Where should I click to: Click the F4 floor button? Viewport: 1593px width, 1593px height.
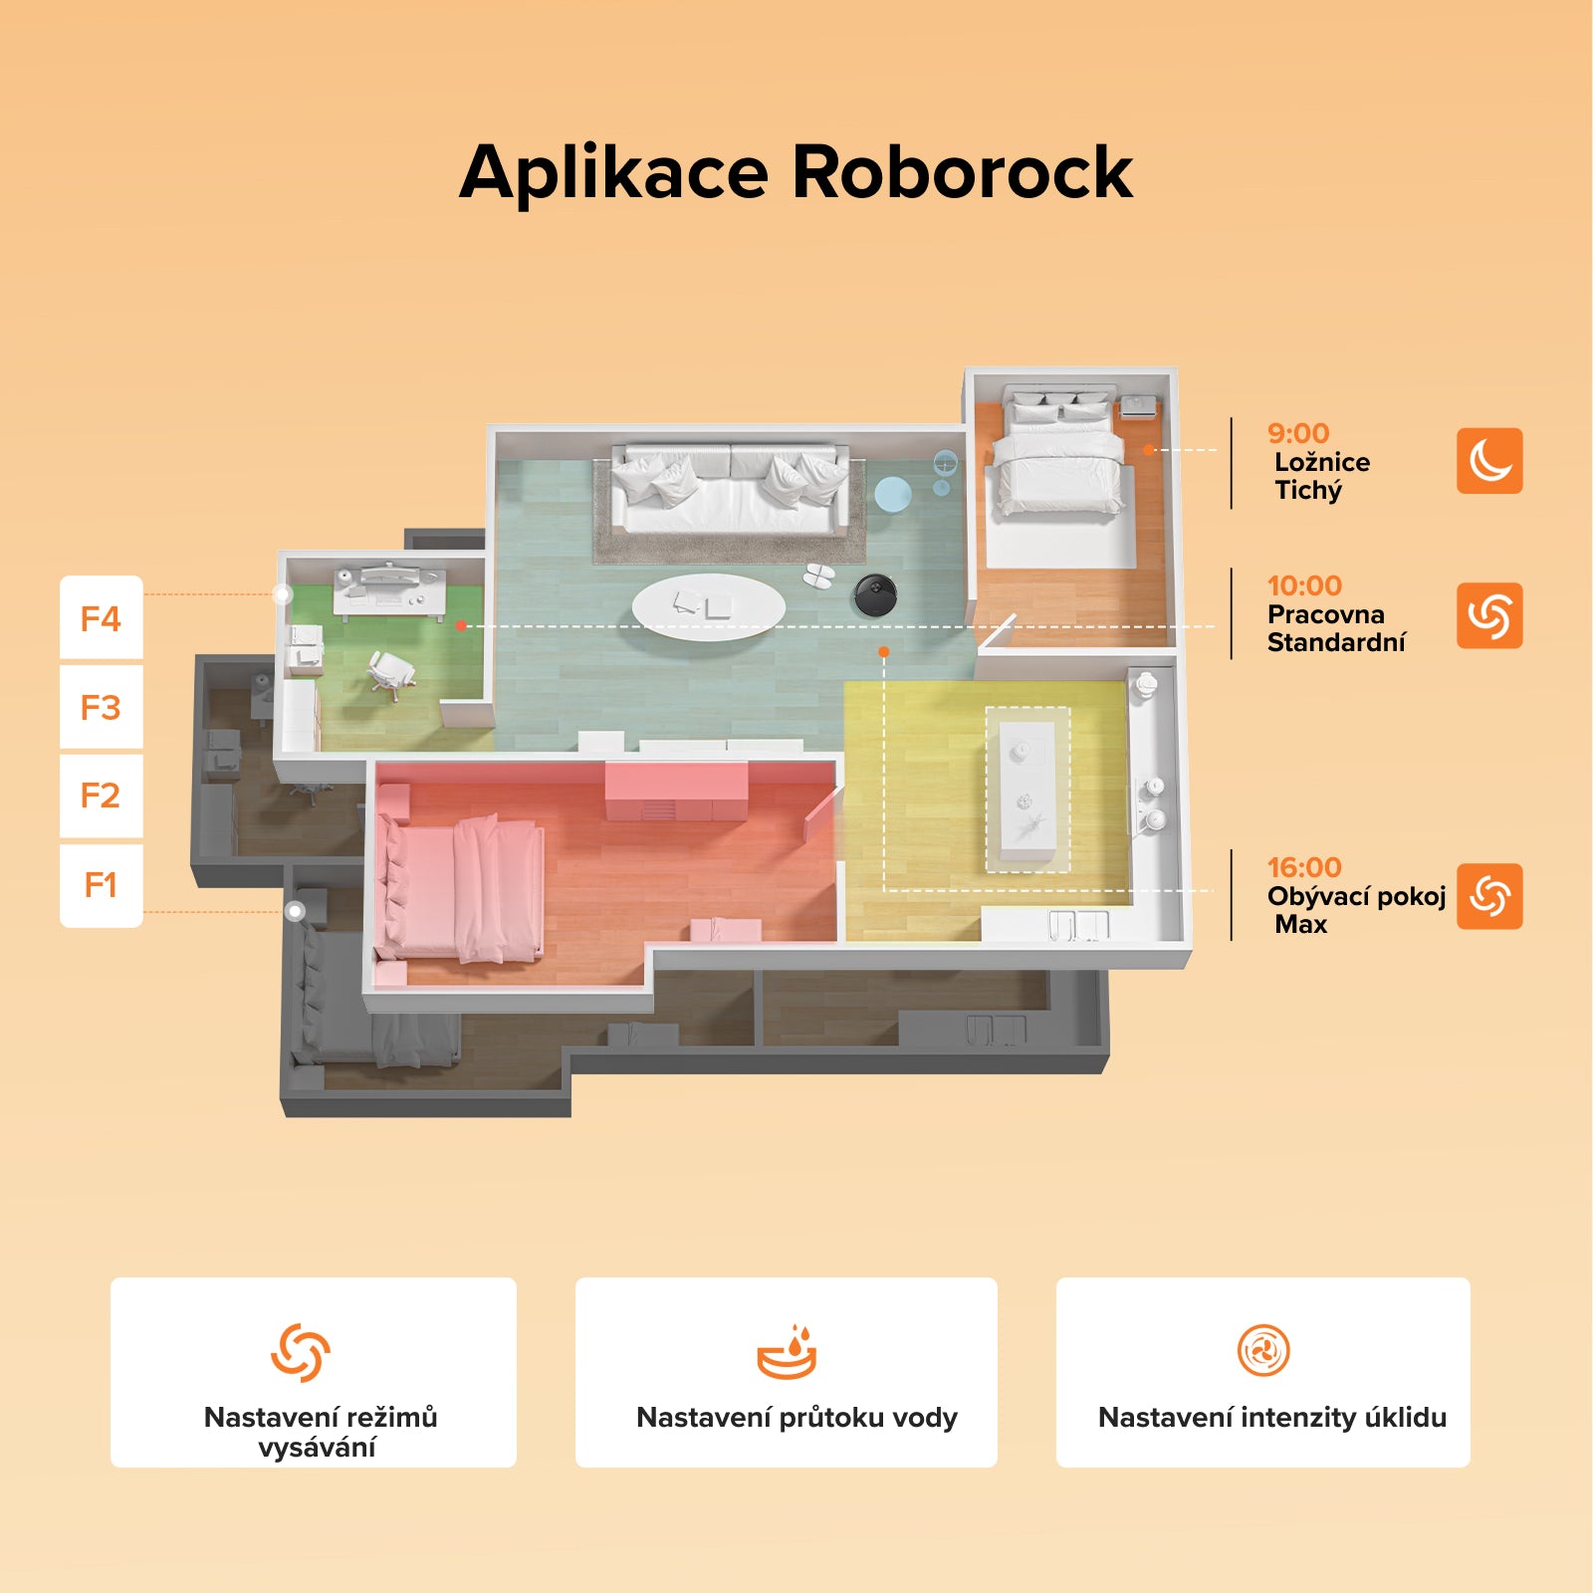tap(102, 617)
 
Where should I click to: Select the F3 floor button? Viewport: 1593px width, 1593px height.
tap(102, 707)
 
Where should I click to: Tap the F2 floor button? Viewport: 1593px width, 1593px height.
tap(102, 796)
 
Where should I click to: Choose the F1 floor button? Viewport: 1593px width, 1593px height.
tap(102, 885)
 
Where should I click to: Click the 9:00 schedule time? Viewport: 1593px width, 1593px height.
tap(1298, 433)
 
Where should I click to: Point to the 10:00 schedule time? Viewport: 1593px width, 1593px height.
tap(1304, 585)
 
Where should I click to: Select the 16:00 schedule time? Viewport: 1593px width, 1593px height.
tap(1304, 867)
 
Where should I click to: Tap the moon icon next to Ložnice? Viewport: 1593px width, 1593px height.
tap(1489, 461)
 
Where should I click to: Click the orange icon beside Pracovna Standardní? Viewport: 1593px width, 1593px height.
tap(1489, 615)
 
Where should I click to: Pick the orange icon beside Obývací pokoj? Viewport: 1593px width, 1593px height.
tap(1489, 896)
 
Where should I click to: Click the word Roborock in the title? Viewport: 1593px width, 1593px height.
tap(962, 172)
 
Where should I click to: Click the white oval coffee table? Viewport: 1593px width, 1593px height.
tap(709, 606)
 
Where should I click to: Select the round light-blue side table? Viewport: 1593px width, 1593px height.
tap(892, 495)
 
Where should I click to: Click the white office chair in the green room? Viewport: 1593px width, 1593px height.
tap(390, 674)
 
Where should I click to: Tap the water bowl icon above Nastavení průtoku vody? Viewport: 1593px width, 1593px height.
tap(787, 1352)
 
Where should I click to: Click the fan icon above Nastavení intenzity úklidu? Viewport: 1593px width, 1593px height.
tap(1263, 1351)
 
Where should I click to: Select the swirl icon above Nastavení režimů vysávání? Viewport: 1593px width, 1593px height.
tap(301, 1352)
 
